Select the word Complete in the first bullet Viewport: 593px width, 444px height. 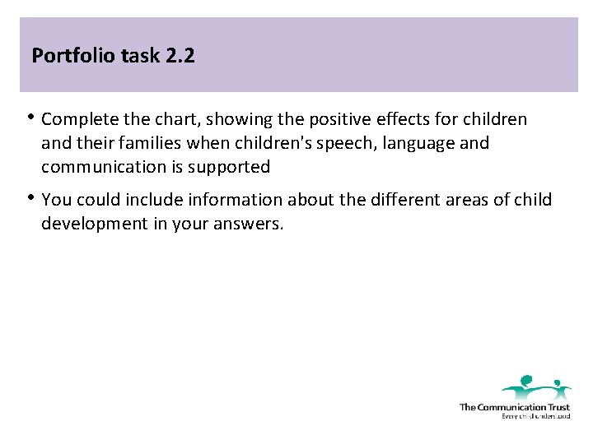pos(77,119)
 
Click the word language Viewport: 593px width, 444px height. pos(397,143)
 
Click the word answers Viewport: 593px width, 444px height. pos(251,224)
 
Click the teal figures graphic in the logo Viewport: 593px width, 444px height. pos(536,386)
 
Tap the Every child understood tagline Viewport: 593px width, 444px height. pos(535,416)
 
